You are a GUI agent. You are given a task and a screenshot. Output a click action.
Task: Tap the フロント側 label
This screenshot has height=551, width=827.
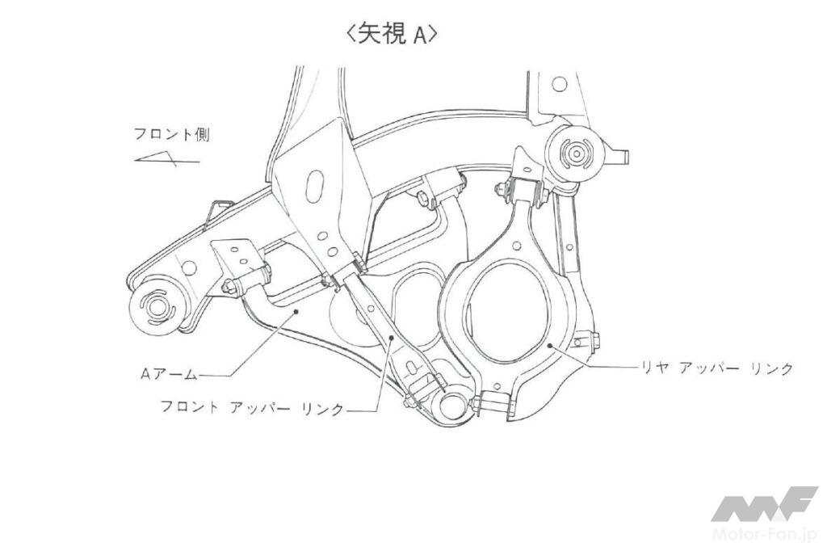[173, 135]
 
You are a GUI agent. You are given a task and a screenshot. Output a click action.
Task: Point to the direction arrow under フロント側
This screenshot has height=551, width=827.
[166, 159]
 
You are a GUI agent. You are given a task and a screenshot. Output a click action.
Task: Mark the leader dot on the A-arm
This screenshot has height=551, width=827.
[298, 309]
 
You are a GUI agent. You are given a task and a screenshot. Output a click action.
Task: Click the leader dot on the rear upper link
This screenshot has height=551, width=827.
[549, 347]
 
